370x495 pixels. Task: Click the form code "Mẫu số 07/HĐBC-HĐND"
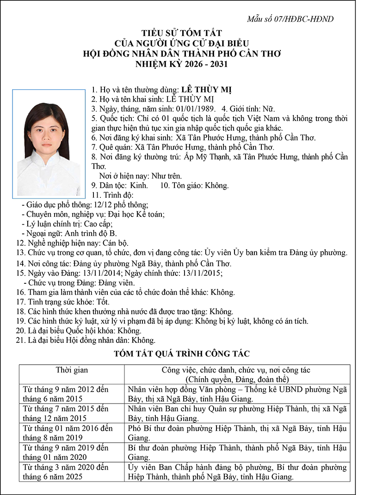point(290,19)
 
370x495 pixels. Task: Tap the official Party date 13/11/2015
point(202,273)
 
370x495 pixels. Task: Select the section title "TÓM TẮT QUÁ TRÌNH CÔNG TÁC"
point(182,354)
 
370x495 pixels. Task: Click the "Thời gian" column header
point(72,370)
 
